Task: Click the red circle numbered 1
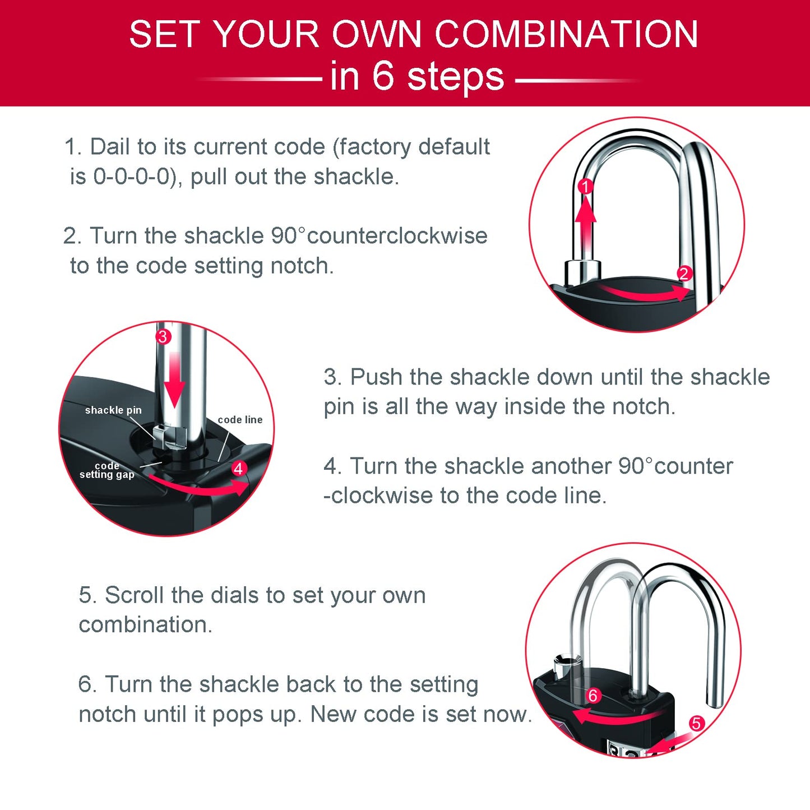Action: pyautogui.click(x=585, y=187)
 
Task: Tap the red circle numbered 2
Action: pyautogui.click(x=684, y=274)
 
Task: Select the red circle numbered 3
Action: pyautogui.click(x=163, y=336)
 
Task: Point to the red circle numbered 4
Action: pyautogui.click(x=239, y=469)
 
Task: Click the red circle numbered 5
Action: pyautogui.click(x=696, y=723)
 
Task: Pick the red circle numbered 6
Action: pyautogui.click(x=593, y=696)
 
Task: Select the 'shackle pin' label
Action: pyautogui.click(x=113, y=410)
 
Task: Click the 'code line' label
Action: pyautogui.click(x=240, y=420)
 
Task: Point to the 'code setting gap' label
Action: pyautogui.click(x=107, y=470)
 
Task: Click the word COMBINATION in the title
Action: pyautogui.click(x=566, y=35)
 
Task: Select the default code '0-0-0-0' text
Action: pyautogui.click(x=131, y=177)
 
